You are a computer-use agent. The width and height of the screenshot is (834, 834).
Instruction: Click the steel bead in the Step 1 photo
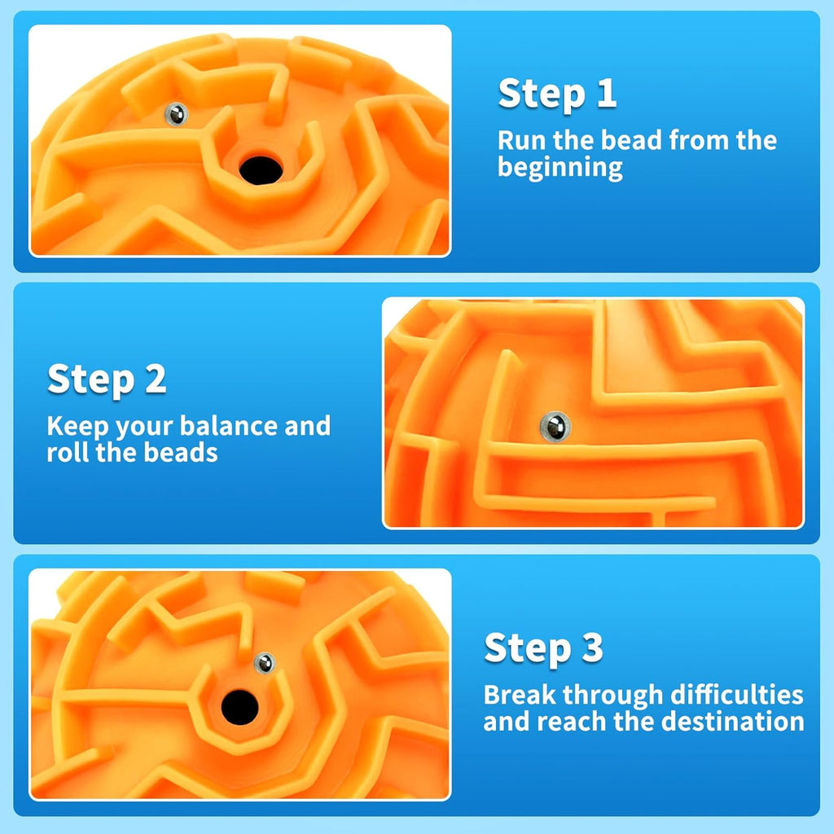[175, 115]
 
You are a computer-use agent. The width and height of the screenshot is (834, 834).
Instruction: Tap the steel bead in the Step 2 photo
[555, 426]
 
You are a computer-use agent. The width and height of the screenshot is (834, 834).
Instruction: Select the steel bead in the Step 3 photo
[263, 663]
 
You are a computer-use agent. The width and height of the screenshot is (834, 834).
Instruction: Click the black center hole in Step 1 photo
[261, 169]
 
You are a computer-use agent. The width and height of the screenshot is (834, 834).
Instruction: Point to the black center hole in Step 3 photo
[238, 705]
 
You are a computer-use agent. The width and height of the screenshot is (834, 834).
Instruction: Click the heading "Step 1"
[557, 94]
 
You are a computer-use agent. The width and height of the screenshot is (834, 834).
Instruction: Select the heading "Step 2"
[107, 380]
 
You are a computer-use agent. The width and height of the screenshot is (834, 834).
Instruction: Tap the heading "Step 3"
[543, 648]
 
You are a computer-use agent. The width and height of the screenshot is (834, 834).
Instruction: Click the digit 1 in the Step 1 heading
[605, 94]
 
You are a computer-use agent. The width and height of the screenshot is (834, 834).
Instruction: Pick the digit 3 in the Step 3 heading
[590, 648]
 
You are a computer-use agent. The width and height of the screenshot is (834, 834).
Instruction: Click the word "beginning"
[560, 169]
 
